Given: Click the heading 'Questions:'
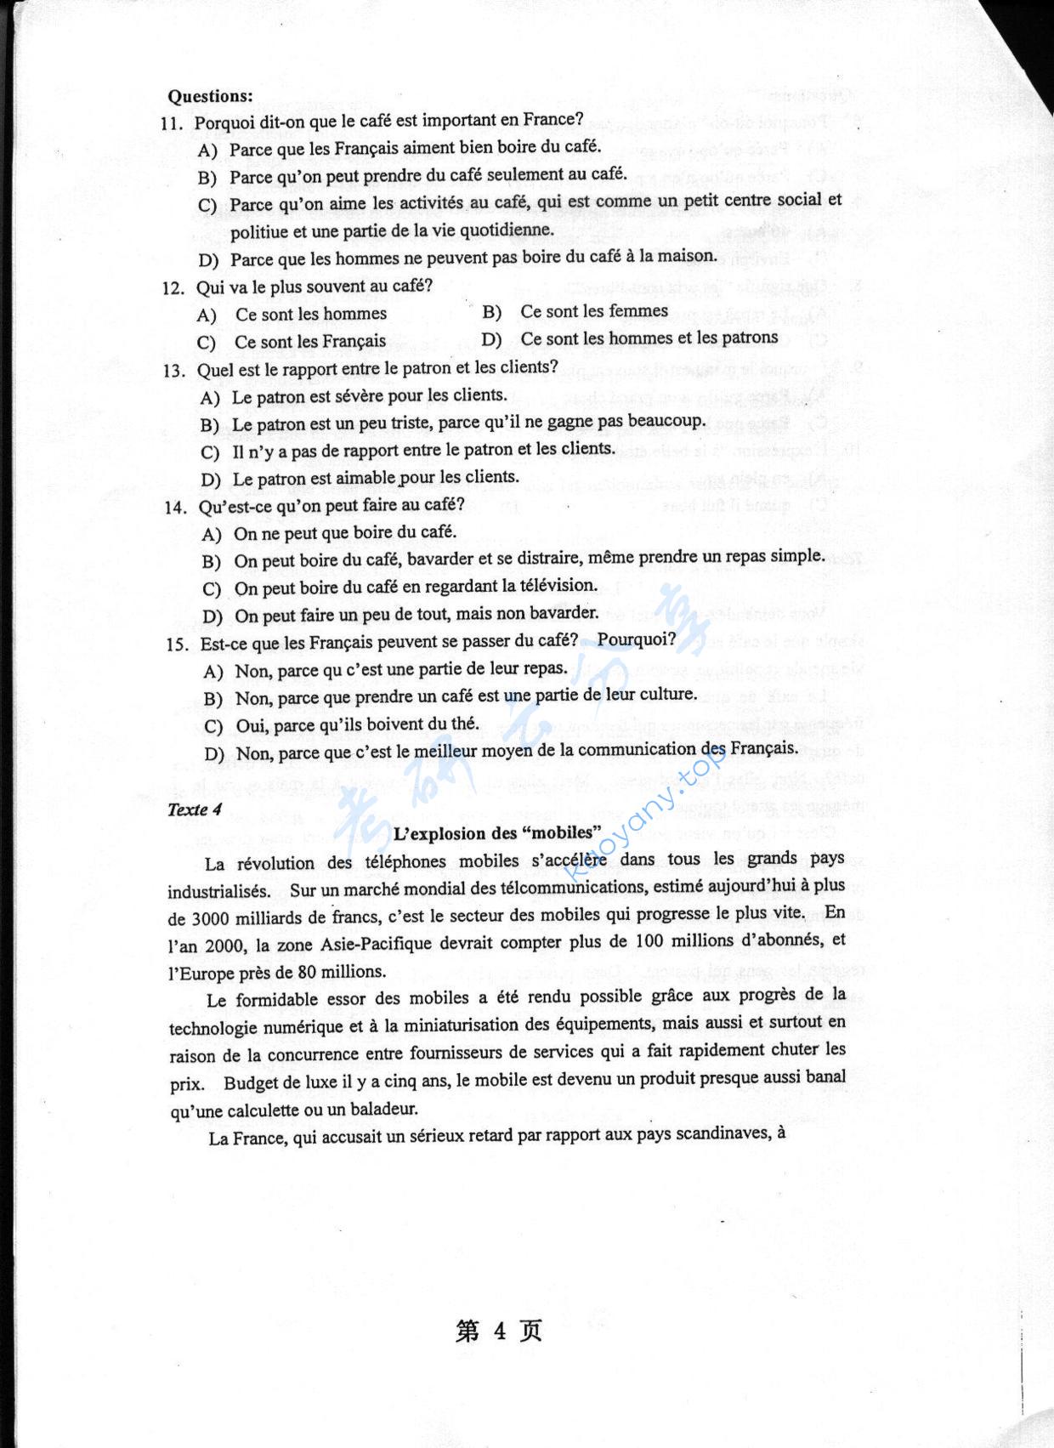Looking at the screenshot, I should click(210, 96).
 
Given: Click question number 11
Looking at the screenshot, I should click(173, 123).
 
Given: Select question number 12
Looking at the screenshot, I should click(174, 288).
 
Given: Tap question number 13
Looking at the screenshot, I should click(175, 371).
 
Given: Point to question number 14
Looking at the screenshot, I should click(177, 508).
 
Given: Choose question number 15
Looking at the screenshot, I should click(178, 645).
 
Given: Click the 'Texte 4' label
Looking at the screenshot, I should click(195, 809).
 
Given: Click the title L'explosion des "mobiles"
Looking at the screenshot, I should click(496, 832).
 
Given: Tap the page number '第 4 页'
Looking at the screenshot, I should click(498, 1331).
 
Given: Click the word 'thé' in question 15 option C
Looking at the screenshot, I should click(464, 724).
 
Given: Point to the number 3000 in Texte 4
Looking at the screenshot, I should click(211, 918).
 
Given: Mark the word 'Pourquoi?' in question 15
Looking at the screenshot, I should click(637, 639).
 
